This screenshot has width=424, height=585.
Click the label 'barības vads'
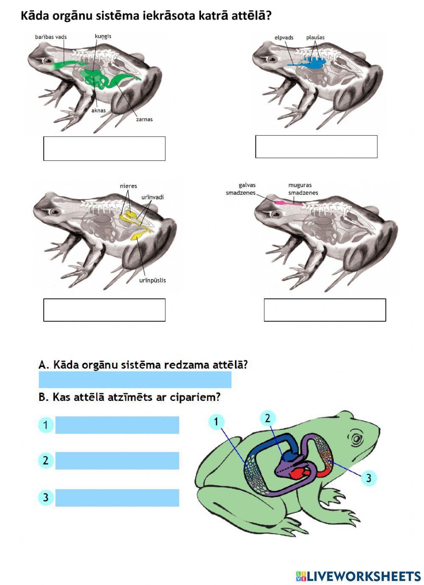[x=51, y=37]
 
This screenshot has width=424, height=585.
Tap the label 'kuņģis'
[x=103, y=36]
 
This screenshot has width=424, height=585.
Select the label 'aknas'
[x=98, y=110]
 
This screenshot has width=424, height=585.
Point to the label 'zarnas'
[x=144, y=119]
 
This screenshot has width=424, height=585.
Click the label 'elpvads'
[x=284, y=38]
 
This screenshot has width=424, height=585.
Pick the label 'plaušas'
[x=315, y=38]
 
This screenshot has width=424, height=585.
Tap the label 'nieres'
[x=128, y=186]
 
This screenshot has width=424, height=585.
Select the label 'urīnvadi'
[x=153, y=197]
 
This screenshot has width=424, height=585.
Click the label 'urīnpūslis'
[x=153, y=280]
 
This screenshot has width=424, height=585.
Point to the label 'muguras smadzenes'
[x=303, y=189]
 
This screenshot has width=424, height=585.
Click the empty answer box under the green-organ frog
[x=104, y=148]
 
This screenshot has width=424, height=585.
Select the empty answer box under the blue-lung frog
[x=316, y=147]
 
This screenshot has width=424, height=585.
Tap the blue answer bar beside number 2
[x=117, y=461]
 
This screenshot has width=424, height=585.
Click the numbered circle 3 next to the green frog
[x=368, y=478]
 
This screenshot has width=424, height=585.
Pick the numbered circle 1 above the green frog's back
[x=216, y=421]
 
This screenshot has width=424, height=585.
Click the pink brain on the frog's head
[x=279, y=203]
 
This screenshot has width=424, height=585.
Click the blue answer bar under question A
[x=135, y=380]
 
